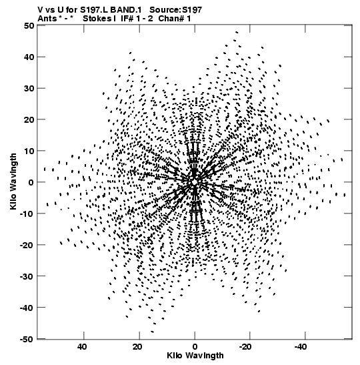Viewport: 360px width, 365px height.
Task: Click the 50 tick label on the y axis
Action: [x=29, y=25]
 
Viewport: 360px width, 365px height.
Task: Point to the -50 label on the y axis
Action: [x=27, y=339]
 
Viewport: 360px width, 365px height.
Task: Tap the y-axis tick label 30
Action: [x=29, y=88]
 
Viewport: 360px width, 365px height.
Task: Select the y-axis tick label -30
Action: [x=27, y=276]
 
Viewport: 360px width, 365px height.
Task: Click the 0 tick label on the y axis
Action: [x=31, y=182]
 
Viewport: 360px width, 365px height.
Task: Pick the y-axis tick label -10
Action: [x=27, y=214]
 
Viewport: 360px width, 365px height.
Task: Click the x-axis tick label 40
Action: [x=82, y=347]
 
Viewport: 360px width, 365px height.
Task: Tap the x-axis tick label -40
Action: [x=300, y=347]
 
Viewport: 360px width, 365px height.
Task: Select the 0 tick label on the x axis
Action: [x=195, y=347]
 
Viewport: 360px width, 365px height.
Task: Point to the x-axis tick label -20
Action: [x=245, y=347]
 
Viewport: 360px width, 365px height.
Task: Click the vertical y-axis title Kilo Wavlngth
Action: [x=13, y=181]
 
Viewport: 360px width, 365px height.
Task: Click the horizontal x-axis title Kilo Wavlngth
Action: [x=195, y=356]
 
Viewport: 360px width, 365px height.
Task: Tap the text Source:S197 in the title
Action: [x=175, y=10]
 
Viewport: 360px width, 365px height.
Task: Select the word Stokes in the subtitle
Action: [x=97, y=19]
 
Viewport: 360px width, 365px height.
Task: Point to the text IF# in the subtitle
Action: [x=127, y=19]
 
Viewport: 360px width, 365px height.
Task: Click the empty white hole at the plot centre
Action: [x=195, y=182]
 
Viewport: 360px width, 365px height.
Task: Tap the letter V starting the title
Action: [x=40, y=10]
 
